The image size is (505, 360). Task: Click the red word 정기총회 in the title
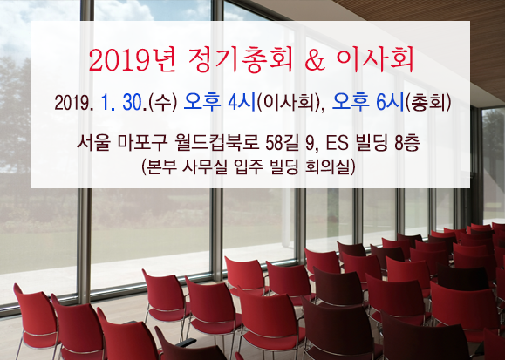click(241, 60)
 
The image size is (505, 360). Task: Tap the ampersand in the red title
click(315, 60)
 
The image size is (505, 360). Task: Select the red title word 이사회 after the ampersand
click(375, 60)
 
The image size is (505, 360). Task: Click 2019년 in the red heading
click(133, 60)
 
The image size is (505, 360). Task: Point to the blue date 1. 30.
click(122, 103)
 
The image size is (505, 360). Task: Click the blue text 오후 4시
click(220, 102)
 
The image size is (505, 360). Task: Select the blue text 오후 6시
click(367, 102)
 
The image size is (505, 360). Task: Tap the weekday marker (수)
click(162, 103)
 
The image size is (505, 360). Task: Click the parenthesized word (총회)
click(428, 103)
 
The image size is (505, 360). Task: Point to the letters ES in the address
click(338, 143)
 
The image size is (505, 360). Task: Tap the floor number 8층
click(407, 143)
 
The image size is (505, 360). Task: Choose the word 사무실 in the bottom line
click(204, 166)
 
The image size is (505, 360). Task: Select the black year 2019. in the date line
click(74, 103)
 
